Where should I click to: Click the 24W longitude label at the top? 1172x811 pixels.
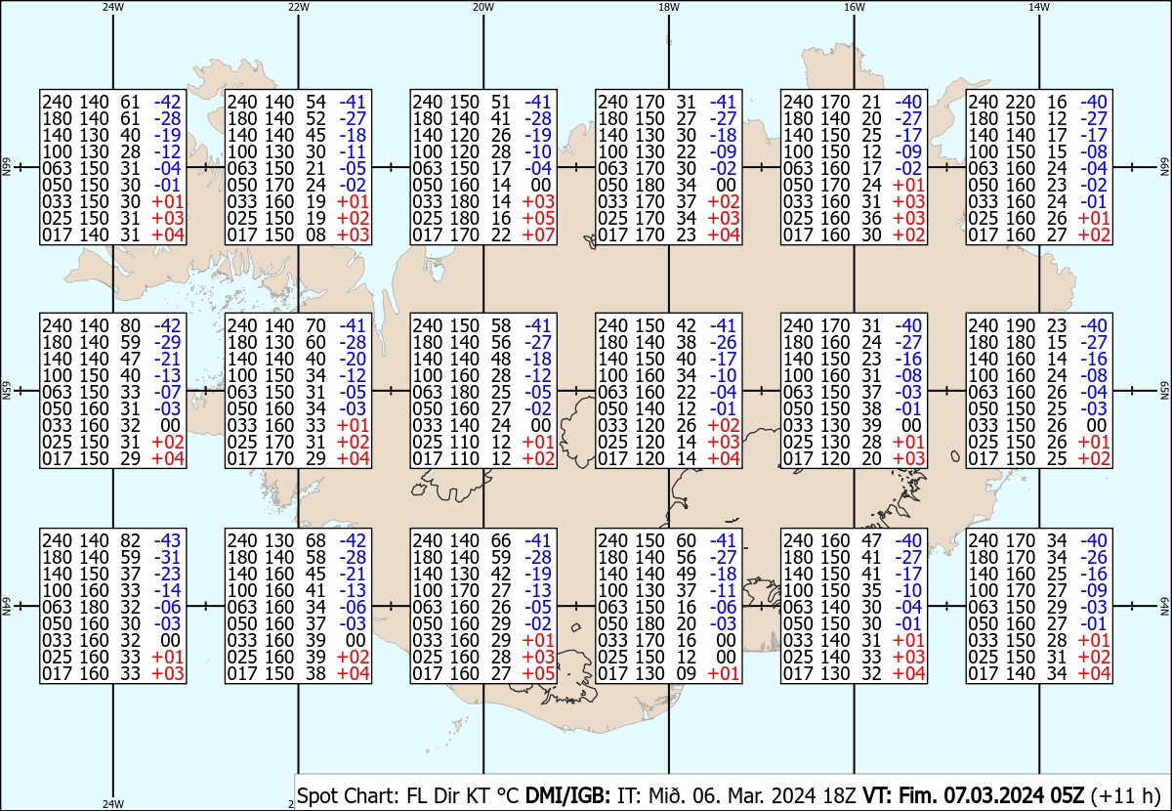(113, 7)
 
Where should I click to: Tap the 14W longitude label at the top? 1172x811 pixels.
(1039, 7)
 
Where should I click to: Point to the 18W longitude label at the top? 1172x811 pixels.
(669, 7)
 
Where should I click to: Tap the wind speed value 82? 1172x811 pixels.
(130, 540)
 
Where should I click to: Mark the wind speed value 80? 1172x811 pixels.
(130, 325)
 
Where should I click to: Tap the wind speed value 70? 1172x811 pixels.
(315, 325)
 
